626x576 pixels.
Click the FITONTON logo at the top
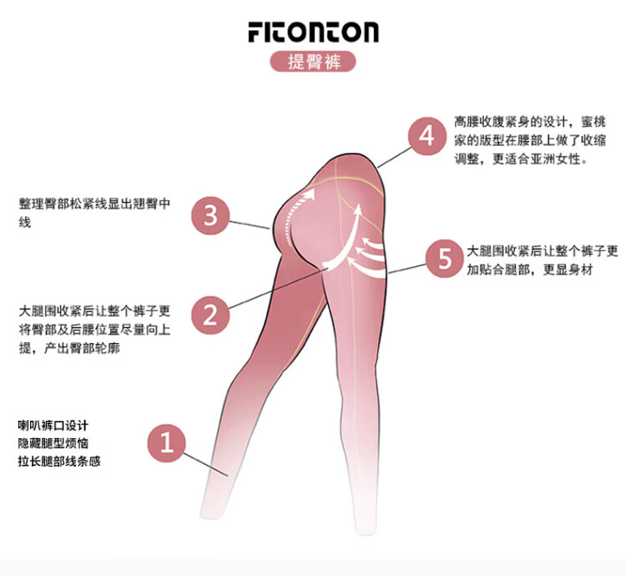313,32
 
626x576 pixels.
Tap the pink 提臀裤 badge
313,63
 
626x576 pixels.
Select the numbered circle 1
167,442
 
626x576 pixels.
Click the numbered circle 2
210,314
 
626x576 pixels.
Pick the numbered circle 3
210,216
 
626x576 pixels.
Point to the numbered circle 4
427,136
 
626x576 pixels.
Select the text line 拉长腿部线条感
59,460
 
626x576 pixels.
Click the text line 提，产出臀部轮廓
69,347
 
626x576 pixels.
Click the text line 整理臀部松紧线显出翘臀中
94,203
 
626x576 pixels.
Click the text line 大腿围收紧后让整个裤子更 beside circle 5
543,250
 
